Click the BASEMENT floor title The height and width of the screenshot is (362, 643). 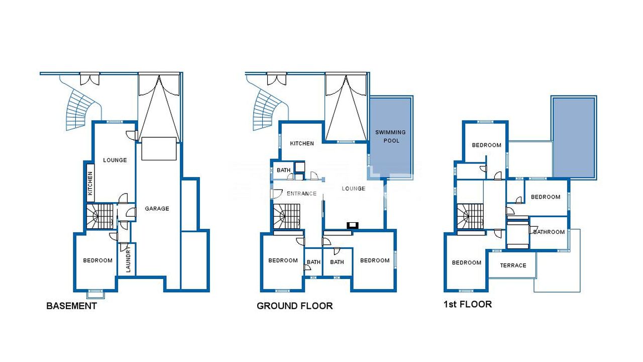tap(71, 306)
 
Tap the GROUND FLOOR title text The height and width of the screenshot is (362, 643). tap(295, 306)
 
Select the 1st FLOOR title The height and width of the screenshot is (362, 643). tap(468, 304)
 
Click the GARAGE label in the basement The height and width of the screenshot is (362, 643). tap(157, 209)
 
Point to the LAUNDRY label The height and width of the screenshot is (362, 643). tap(128, 259)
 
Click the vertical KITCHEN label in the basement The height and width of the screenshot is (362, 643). tap(90, 184)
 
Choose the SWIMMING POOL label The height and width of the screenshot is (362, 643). tap(391, 136)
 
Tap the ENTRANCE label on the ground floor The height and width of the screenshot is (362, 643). tap(302, 194)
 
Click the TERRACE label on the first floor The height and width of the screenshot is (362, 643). tap(513, 265)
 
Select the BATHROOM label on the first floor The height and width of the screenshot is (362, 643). tap(549, 232)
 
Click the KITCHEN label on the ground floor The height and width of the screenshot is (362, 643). tap(302, 143)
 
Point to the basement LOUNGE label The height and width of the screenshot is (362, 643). tap(115, 160)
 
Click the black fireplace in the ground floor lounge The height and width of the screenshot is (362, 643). tap(353, 225)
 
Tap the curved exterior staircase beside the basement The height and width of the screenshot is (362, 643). tap(77, 109)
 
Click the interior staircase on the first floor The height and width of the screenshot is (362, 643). tap(470, 216)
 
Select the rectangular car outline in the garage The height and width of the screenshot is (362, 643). tap(159, 148)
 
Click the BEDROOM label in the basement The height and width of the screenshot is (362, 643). tap(98, 260)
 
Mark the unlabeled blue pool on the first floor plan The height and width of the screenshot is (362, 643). tap(574, 138)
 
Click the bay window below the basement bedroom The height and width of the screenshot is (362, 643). tap(95, 294)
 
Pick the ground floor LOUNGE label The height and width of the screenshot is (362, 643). tap(354, 189)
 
